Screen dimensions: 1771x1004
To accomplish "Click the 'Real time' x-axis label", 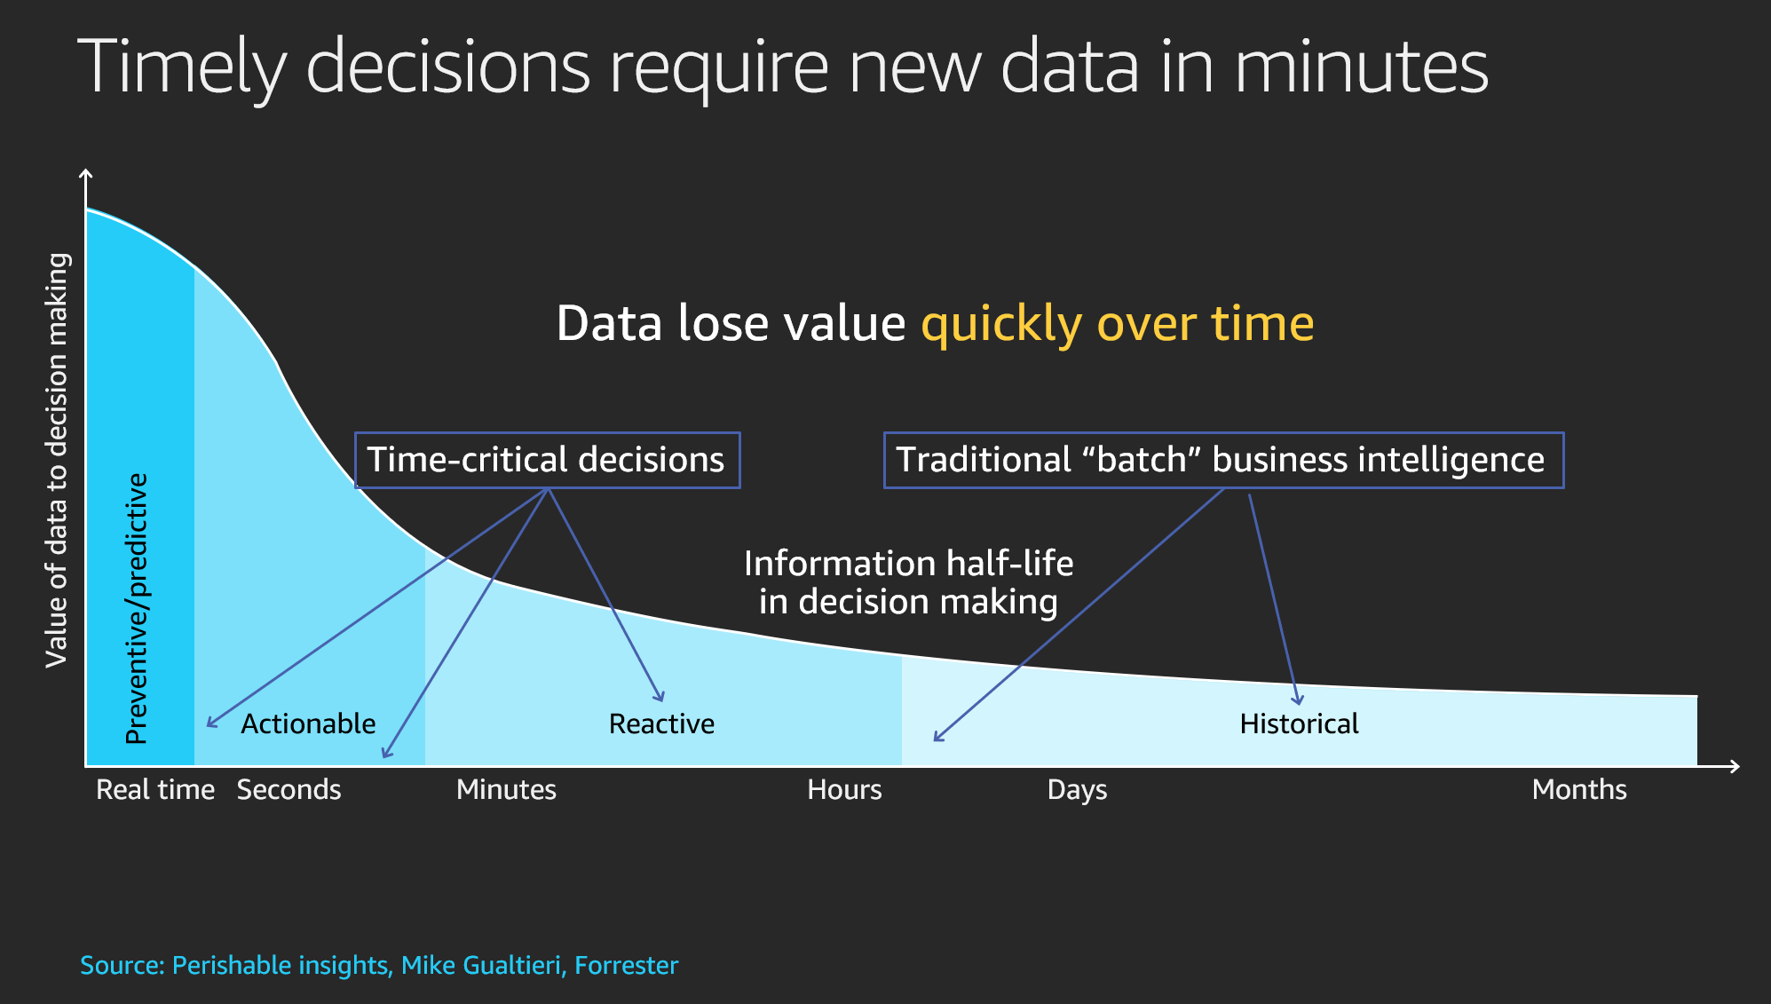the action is pos(155,789).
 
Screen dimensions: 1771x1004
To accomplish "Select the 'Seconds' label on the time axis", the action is pos(289,789).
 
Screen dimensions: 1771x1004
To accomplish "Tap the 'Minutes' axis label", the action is pos(506,789).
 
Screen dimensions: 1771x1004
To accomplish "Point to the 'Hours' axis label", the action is pos(844,789).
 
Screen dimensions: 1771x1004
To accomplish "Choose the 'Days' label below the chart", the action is pos(1077,790).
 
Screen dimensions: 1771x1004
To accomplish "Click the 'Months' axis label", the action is pos(1579,789).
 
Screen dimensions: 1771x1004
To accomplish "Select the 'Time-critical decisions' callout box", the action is pos(547,460).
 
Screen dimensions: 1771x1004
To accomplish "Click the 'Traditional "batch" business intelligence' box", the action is pos(1223,460).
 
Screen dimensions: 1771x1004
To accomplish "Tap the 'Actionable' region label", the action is pos(308,723).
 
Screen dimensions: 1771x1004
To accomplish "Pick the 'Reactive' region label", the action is pos(661,723).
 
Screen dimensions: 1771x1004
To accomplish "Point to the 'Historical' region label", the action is pos(1299,723).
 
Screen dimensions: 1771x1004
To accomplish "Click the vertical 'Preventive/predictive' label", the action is pos(137,608).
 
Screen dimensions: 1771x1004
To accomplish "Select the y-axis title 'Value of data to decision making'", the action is pos(57,460).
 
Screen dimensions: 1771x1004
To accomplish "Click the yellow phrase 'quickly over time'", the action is pos(1118,323).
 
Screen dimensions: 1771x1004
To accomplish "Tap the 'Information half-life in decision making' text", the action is pos(908,582).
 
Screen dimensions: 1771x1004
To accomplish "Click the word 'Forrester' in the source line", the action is pos(626,965).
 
